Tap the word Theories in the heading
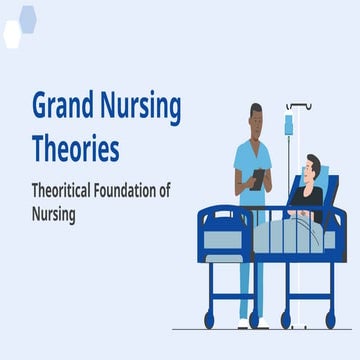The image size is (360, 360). tap(75, 150)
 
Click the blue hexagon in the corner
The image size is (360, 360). tap(28, 16)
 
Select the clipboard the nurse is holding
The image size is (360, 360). tap(259, 178)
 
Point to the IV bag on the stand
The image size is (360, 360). tap(288, 124)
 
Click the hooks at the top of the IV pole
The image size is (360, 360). tap(297, 105)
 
